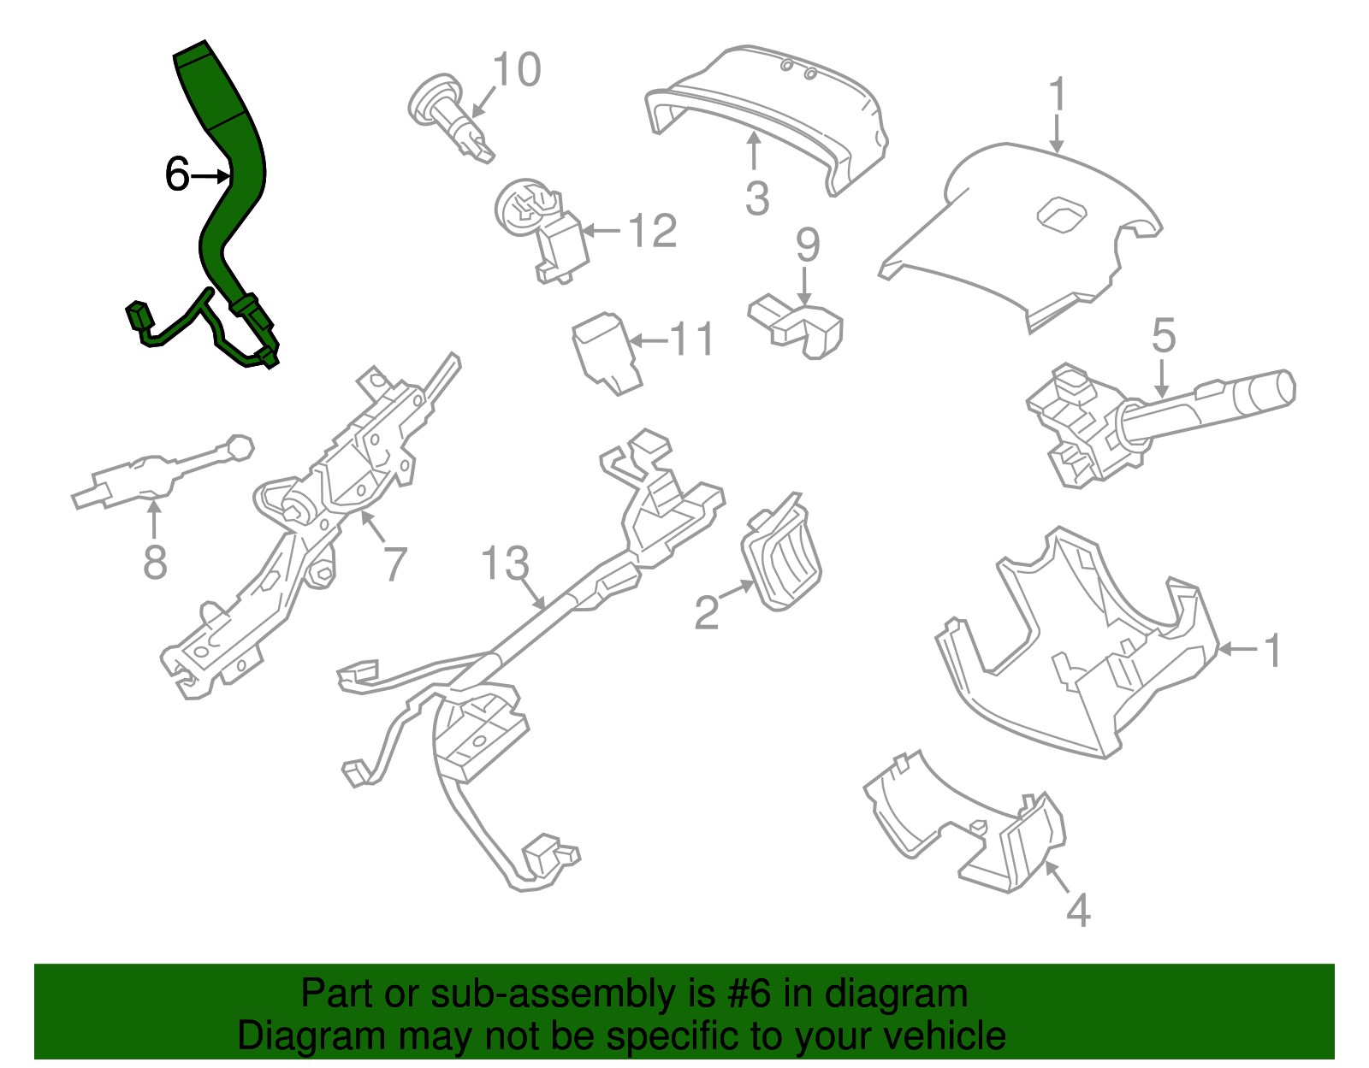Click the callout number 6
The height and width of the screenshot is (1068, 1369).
tap(176, 174)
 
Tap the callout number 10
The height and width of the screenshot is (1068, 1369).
tap(518, 69)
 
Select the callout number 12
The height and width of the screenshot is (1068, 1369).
tap(652, 231)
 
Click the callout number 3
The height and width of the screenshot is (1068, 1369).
tap(757, 198)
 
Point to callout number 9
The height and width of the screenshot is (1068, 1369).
tap(808, 245)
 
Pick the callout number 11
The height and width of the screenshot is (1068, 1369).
tap(691, 340)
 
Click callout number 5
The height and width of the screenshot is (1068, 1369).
tap(1163, 336)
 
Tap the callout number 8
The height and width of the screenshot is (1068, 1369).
tap(155, 563)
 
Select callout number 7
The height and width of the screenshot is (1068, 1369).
tap(394, 564)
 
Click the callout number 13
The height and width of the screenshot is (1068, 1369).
tap(505, 564)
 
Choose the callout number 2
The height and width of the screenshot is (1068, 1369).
tap(706, 612)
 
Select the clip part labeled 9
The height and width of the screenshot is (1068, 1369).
tap(800, 327)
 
